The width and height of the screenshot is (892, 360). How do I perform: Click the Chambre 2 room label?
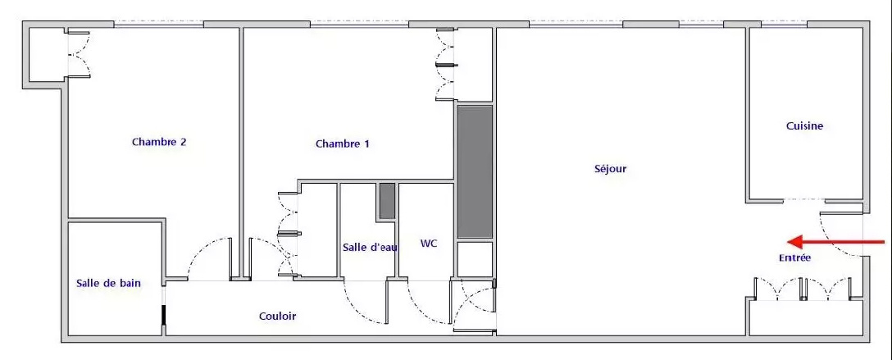[159, 142]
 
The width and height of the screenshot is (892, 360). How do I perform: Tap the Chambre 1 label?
[343, 144]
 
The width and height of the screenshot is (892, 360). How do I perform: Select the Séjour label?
[611, 168]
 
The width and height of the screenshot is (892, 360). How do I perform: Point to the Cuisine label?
[804, 126]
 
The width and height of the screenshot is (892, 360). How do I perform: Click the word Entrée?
[794, 258]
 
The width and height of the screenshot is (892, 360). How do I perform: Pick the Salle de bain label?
[109, 283]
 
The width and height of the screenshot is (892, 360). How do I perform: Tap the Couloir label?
[278, 317]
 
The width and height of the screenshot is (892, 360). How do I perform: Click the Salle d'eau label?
[370, 248]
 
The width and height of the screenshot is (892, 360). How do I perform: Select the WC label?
[428, 244]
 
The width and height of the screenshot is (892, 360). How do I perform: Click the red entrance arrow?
[835, 242]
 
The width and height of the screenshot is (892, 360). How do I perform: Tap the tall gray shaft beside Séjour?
[475, 171]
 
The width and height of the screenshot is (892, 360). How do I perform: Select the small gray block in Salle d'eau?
[388, 201]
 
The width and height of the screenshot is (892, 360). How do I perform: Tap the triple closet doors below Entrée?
[803, 288]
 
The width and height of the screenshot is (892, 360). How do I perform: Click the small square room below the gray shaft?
[475, 259]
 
